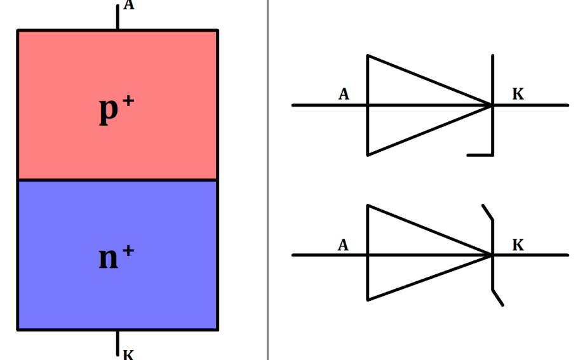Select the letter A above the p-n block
coord(128,6)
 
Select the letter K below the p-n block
coord(128,354)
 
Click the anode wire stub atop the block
coord(118,17)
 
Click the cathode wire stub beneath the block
coord(118,343)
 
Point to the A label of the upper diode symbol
coord(344,95)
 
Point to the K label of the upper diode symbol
coord(518,95)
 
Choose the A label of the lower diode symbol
coord(344,245)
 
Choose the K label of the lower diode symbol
coord(518,245)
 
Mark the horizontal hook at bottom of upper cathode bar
coord(480,154)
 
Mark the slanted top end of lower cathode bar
coord(488,212)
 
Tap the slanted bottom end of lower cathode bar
coord(497,298)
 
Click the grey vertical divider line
coord(268,190)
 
